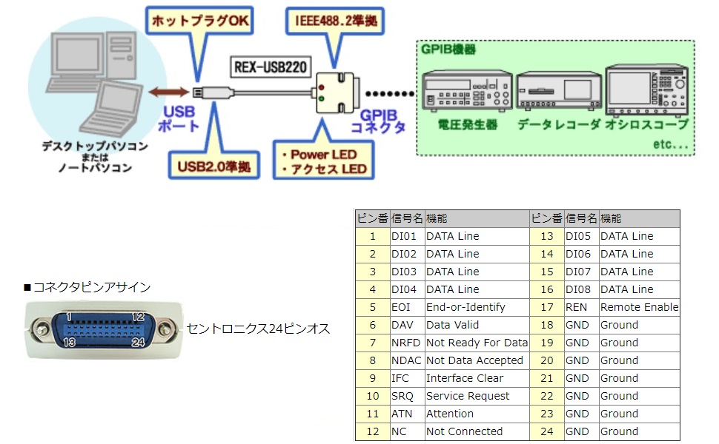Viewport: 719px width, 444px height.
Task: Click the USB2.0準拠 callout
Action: (x=214, y=164)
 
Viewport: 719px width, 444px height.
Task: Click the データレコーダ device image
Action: (x=557, y=92)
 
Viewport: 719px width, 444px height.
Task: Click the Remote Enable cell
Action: (x=639, y=307)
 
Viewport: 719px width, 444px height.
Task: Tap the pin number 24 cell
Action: (x=546, y=431)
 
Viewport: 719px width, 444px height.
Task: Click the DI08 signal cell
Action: (x=580, y=289)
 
